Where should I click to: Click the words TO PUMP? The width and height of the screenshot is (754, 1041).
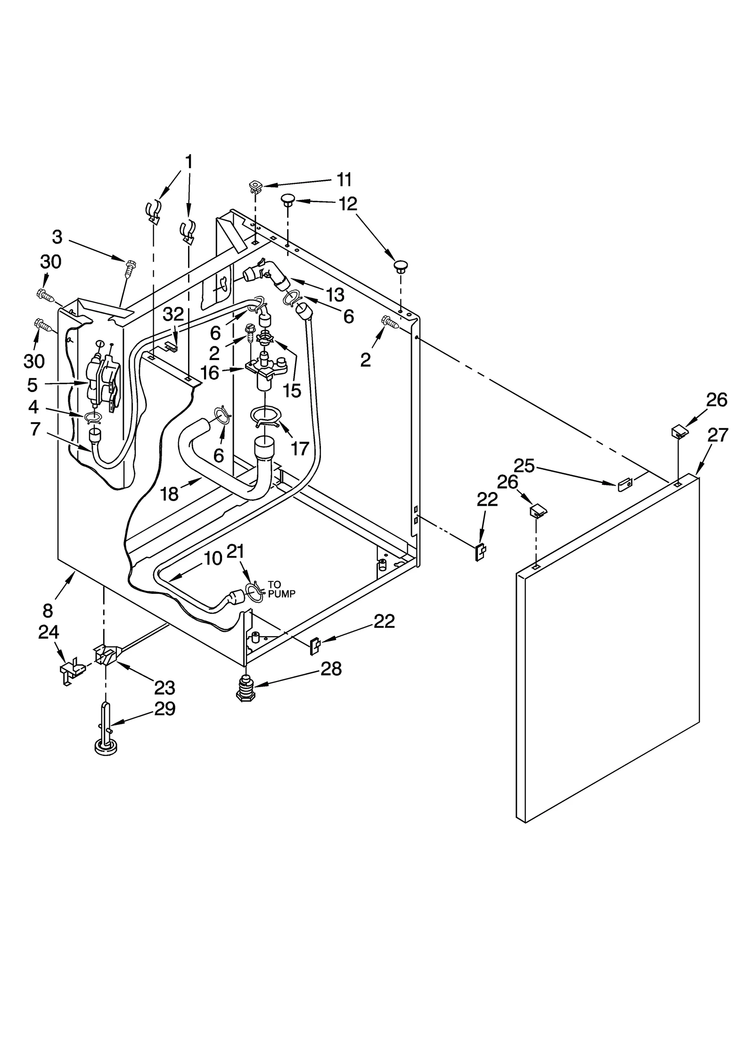pos(281,590)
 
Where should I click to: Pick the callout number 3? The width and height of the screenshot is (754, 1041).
pos(57,237)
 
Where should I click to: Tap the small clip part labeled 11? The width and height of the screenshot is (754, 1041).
pos(255,187)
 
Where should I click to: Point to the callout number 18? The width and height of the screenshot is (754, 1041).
pos(169,494)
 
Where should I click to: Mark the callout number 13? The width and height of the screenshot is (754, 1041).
pos(335,295)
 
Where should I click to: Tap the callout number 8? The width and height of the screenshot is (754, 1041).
pos(48,610)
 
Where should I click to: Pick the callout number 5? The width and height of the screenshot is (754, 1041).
pos(32,385)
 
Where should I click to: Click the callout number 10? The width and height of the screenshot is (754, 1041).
pos(213,558)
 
